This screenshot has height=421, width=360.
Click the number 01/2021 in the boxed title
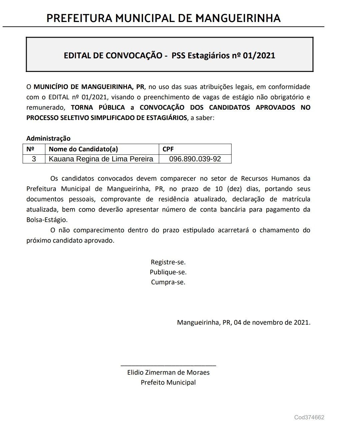click(x=259, y=55)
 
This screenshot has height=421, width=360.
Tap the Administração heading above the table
click(x=48, y=138)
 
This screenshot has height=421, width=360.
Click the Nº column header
click(x=30, y=149)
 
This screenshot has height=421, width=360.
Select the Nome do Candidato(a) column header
click(x=83, y=149)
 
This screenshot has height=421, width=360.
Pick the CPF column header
click(x=168, y=149)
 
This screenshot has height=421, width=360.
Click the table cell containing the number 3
click(x=34, y=159)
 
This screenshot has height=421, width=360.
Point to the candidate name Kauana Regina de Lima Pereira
click(x=101, y=159)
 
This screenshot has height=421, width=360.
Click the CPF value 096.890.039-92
click(x=195, y=159)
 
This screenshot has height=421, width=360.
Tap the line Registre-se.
click(x=168, y=262)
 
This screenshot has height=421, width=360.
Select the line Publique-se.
click(x=168, y=272)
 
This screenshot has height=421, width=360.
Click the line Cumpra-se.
click(x=168, y=282)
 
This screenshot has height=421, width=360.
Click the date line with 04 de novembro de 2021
click(x=244, y=322)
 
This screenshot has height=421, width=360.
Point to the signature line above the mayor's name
click(x=168, y=366)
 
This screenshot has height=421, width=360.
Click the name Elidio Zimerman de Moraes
click(x=168, y=372)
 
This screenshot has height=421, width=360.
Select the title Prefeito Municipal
click(x=168, y=382)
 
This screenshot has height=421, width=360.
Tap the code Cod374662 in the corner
click(x=309, y=417)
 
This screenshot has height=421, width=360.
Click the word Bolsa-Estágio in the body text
click(x=47, y=220)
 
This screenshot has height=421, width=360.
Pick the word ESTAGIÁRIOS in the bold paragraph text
click(x=162, y=118)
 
